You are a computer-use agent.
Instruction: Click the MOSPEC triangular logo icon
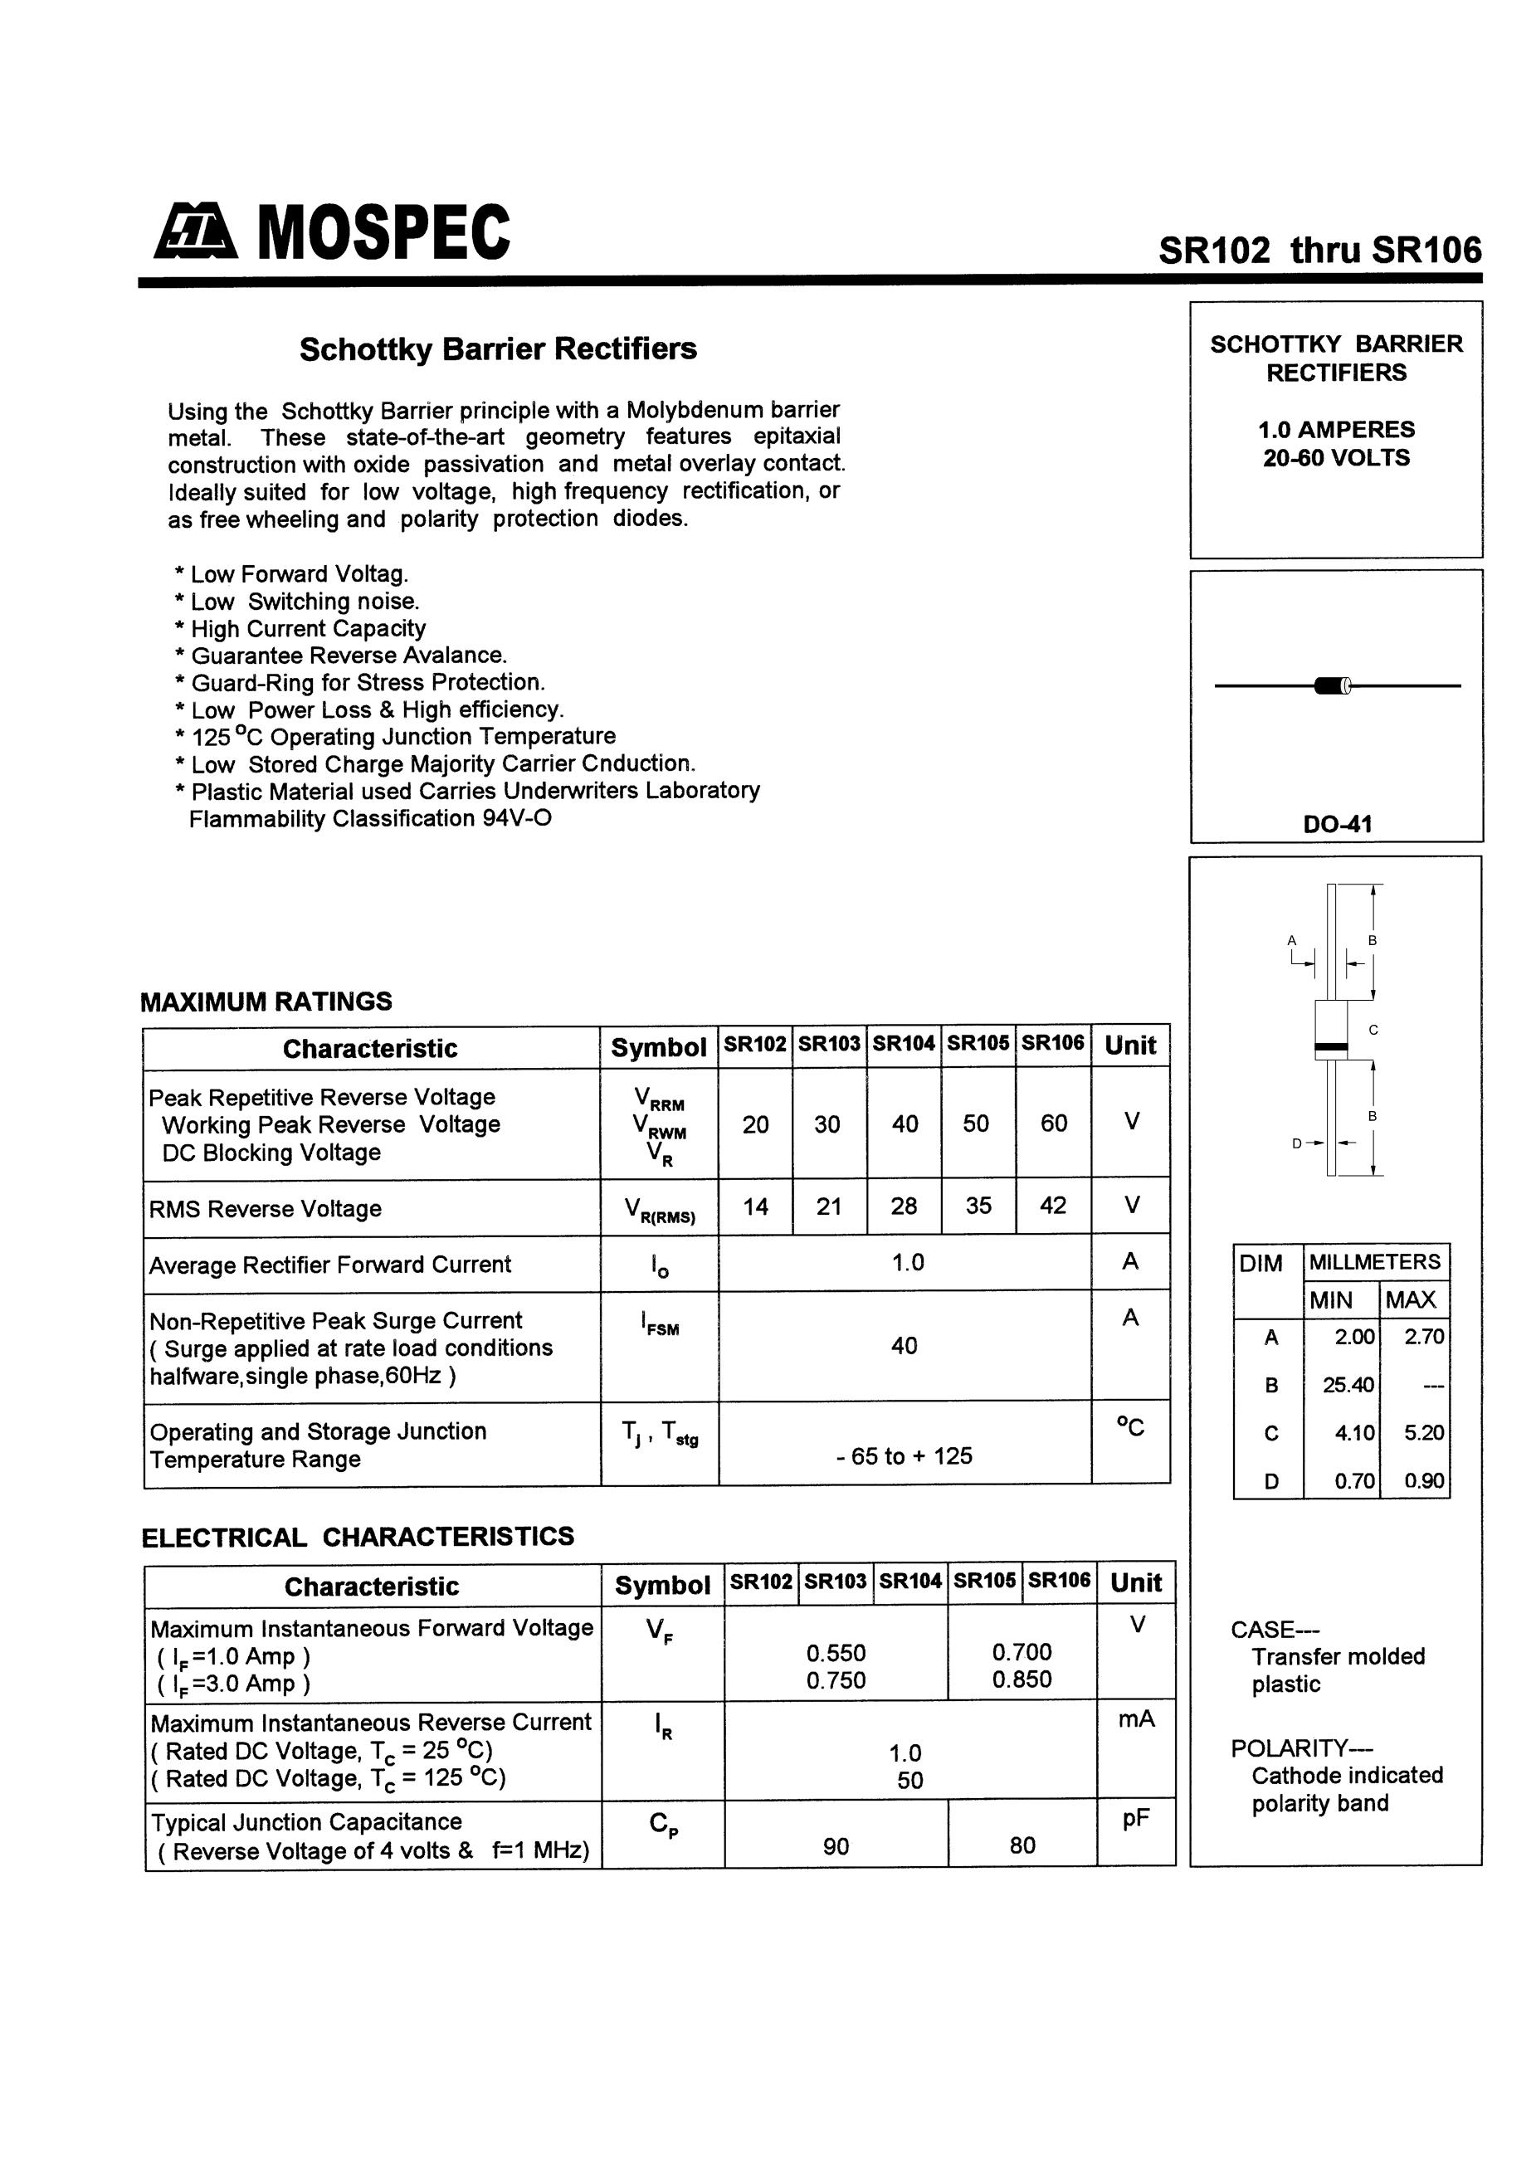coord(195,233)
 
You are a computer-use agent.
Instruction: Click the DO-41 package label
coord(1336,824)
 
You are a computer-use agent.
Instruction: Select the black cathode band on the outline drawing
coord(1330,1047)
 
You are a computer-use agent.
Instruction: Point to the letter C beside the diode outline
coord(1373,1029)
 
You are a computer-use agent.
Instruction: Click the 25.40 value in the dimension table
coord(1348,1385)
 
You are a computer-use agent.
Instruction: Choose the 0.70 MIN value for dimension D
coord(1354,1481)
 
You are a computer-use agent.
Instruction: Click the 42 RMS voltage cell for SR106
coord(1053,1206)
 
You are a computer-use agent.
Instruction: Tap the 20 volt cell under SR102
coord(756,1124)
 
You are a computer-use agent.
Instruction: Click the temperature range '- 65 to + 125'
coord(905,1456)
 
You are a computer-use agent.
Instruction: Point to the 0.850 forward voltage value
coord(1022,1679)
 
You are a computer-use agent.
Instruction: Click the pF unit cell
coord(1135,1818)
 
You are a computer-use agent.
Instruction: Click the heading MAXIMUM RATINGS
coord(266,1002)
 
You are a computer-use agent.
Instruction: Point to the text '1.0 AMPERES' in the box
coord(1336,429)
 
